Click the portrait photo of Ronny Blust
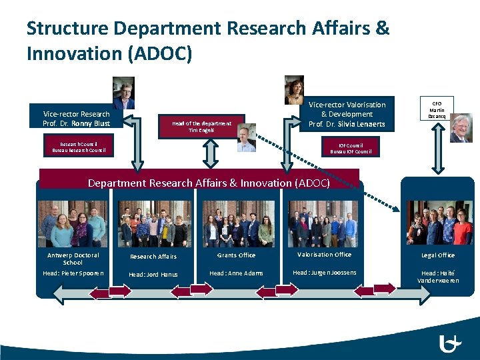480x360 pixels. click(123, 93)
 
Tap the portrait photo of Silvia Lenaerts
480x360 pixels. click(294, 90)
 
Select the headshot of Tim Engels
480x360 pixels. click(246, 137)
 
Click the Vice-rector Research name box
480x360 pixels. click(76, 118)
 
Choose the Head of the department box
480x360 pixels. click(201, 127)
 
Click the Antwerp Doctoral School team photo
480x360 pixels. click(72, 223)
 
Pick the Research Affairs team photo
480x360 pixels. click(154, 223)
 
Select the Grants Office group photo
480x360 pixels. click(238, 223)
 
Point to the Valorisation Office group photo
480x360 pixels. click(323, 223)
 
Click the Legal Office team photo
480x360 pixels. click(439, 223)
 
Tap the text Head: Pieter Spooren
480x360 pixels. click(73, 273)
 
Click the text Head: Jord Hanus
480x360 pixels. click(153, 274)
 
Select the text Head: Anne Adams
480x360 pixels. click(236, 273)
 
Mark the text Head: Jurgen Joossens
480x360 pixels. click(324, 273)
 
